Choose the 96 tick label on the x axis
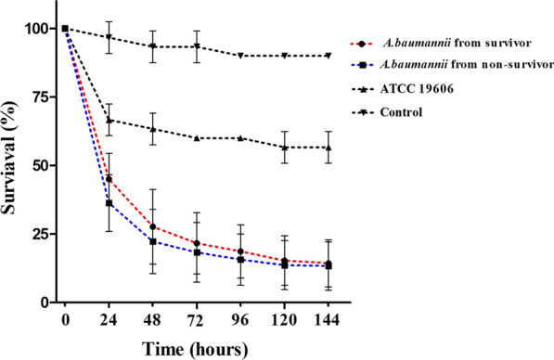(240, 321)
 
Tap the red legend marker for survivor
(370, 43)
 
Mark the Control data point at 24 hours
(109, 37)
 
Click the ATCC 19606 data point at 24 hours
(109, 120)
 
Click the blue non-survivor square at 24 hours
(109, 203)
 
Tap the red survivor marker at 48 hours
(152, 226)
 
